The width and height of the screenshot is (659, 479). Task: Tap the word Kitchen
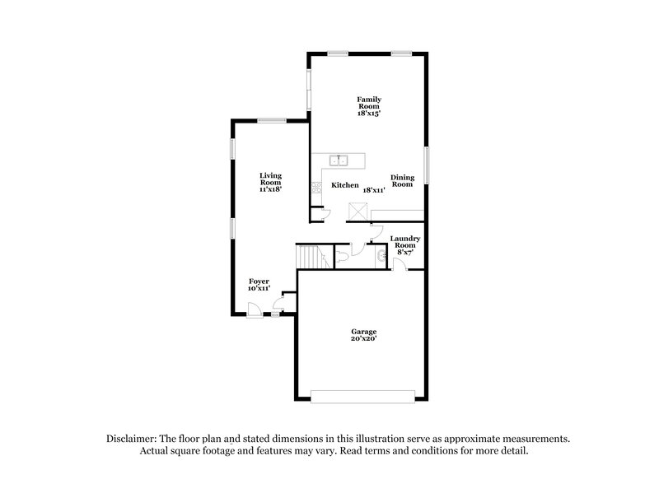point(344,186)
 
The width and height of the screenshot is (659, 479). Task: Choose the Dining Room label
point(402,181)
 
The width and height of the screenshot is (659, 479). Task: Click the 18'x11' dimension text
point(375,190)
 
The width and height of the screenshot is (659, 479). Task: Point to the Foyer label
point(259,281)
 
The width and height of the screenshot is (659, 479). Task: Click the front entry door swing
point(255,309)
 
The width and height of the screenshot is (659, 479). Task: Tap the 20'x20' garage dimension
point(363,338)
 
